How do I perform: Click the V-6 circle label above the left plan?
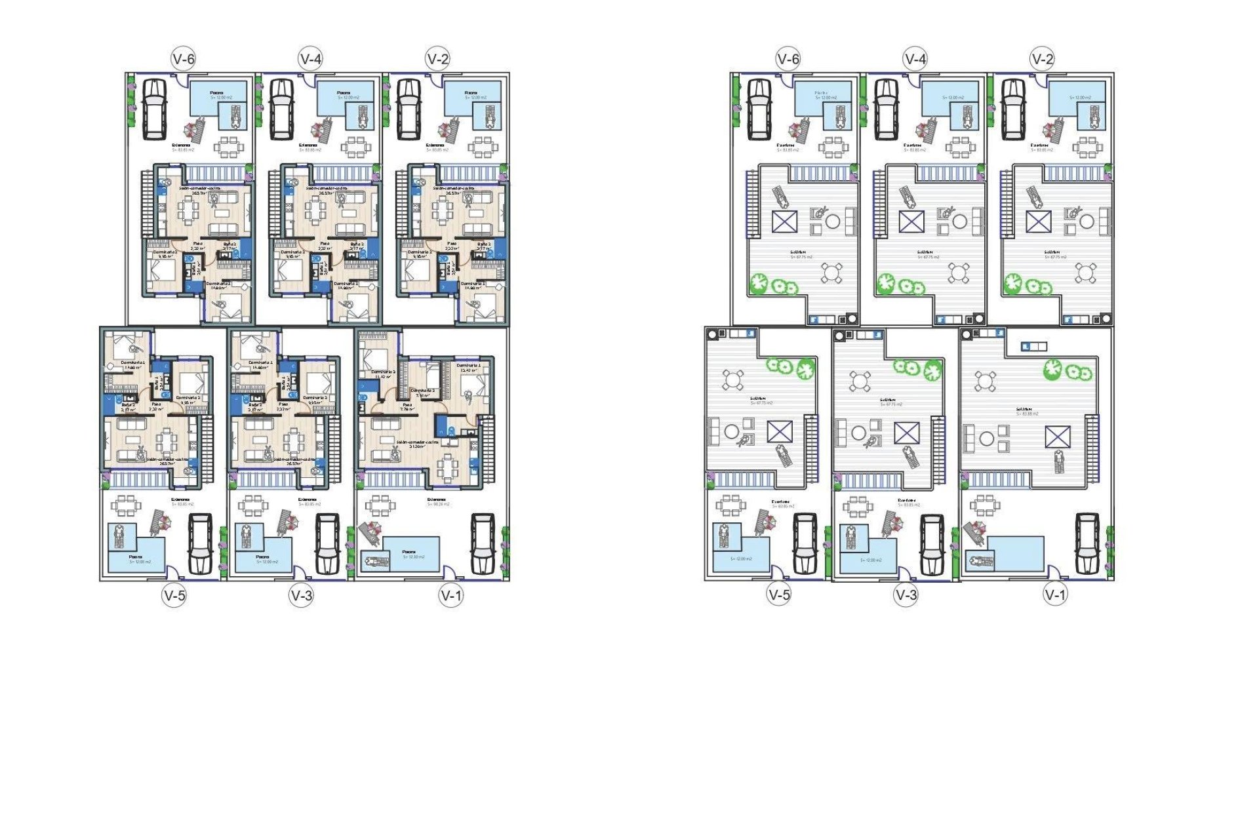(184, 59)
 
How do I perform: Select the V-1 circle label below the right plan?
(1055, 595)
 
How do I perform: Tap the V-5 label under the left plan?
(174, 595)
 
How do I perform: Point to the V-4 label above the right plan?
(915, 59)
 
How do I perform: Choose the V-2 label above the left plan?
(438, 59)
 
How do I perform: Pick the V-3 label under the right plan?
(906, 595)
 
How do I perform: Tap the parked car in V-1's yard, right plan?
(1087, 543)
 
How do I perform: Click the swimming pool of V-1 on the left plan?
(410, 554)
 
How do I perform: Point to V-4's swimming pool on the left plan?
(345, 97)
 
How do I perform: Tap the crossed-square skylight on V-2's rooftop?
(1038, 222)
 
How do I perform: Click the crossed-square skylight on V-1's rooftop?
(1057, 437)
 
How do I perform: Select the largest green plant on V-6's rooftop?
(759, 283)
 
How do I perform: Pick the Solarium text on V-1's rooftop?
(1027, 410)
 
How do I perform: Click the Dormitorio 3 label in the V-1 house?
(384, 372)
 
